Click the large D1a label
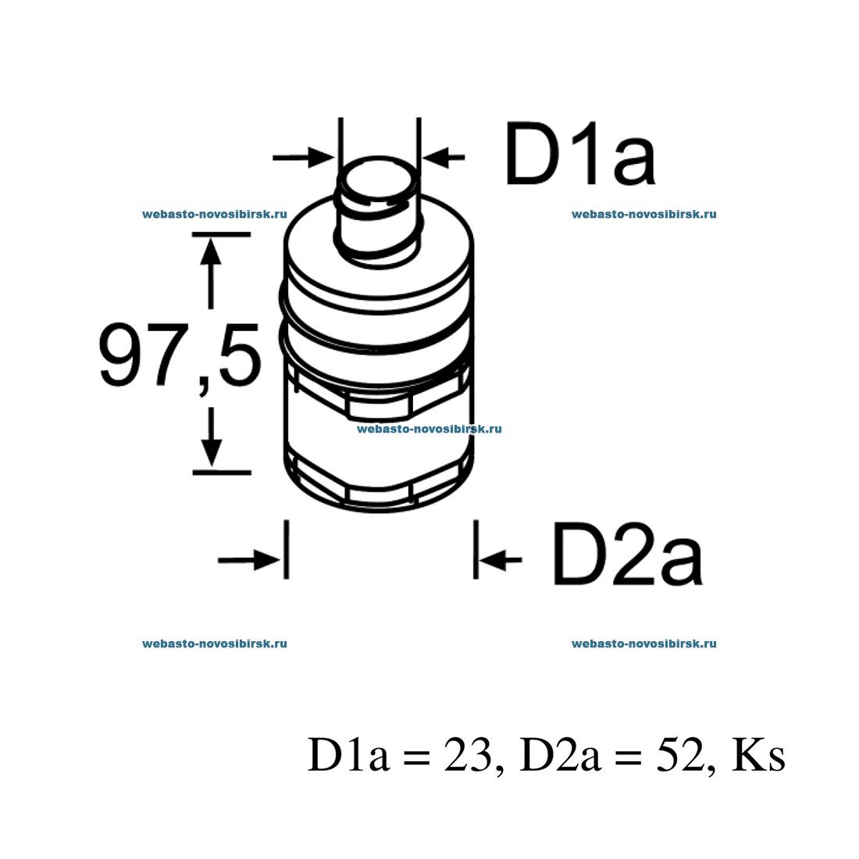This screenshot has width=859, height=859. pyautogui.click(x=580, y=154)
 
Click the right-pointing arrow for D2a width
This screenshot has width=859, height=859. pyautogui.click(x=248, y=559)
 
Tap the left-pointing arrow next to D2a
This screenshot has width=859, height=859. pyautogui.click(x=501, y=559)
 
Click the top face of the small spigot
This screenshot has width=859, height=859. pyautogui.click(x=379, y=181)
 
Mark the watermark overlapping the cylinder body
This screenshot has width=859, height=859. pyautogui.click(x=429, y=429)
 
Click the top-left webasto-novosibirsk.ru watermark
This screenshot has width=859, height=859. pyautogui.click(x=215, y=214)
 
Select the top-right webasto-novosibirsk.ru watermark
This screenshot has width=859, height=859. pyautogui.click(x=643, y=214)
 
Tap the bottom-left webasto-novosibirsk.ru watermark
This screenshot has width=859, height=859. pyautogui.click(x=215, y=644)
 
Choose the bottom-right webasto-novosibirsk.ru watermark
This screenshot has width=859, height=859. pyautogui.click(x=643, y=644)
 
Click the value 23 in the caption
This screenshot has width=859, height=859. pyautogui.click(x=466, y=755)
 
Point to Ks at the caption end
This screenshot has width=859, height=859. pyautogui.click(x=757, y=755)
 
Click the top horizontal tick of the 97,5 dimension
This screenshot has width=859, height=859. pyautogui.click(x=221, y=234)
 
